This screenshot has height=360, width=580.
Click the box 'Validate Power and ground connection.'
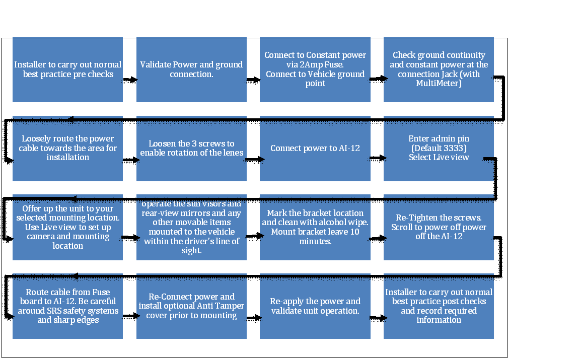point(191,69)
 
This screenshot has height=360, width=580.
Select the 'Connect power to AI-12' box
point(315,149)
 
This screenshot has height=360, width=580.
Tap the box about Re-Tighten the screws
point(439,228)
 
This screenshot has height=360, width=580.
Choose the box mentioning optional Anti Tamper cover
point(191,306)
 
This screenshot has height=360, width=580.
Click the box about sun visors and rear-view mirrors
point(191,228)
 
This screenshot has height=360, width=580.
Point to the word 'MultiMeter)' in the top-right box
point(439,83)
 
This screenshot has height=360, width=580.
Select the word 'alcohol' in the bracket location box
point(326,223)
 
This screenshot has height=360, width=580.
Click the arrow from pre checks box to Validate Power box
point(130,80)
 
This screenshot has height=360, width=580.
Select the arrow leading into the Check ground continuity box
point(377,79)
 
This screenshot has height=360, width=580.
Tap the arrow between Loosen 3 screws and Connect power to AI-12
point(253,159)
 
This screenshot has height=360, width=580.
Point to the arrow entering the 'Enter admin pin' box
point(377,158)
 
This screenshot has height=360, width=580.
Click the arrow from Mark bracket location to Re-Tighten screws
point(377,239)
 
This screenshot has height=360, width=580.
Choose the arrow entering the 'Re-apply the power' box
point(253,318)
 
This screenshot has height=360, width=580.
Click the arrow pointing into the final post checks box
point(377,318)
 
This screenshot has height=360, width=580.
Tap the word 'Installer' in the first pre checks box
point(29,65)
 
